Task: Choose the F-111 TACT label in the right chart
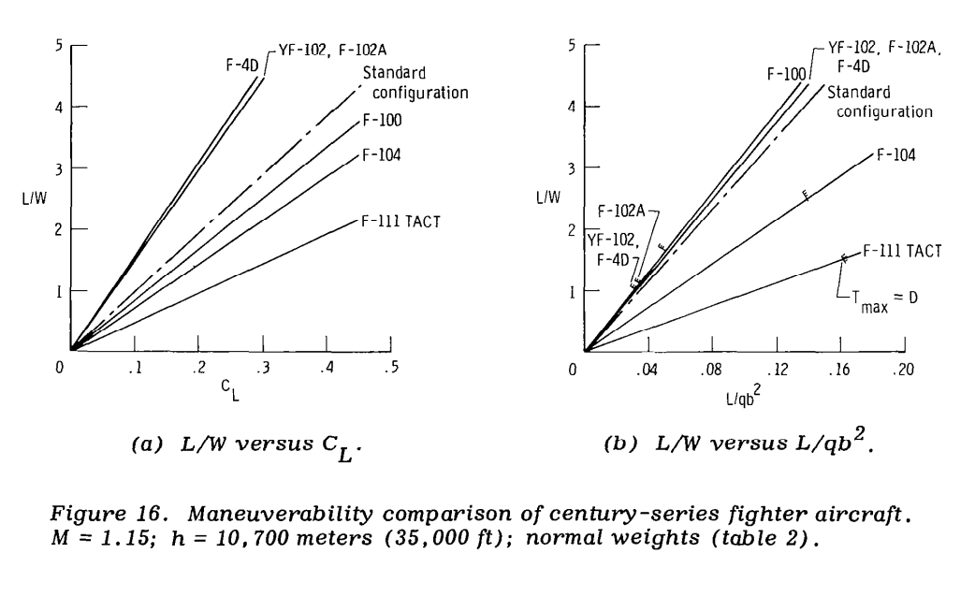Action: [x=900, y=250]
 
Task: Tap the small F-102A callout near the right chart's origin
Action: [x=620, y=211]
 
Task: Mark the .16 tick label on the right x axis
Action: [x=840, y=369]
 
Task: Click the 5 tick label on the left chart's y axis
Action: [x=59, y=44]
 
